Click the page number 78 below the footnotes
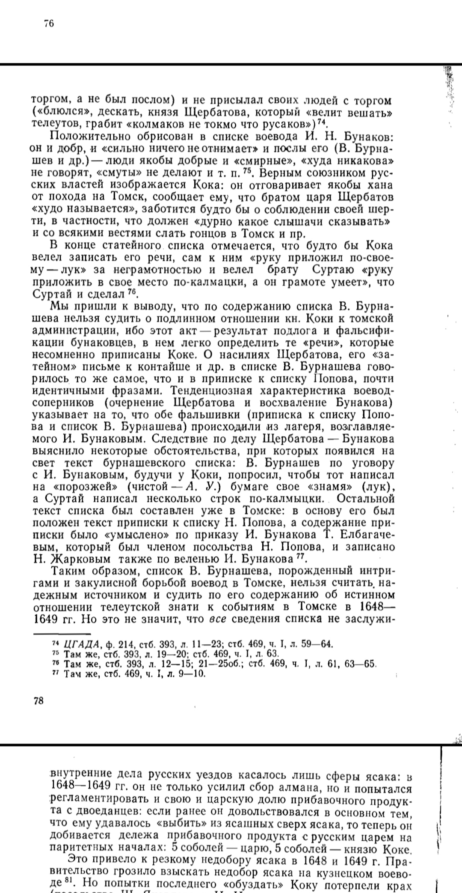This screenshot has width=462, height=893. pos(38,700)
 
